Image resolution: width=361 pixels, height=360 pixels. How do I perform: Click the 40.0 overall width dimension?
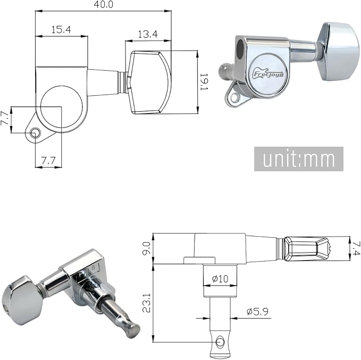[x=103, y=4]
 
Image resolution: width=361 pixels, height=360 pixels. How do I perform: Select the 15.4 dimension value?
[x=61, y=29]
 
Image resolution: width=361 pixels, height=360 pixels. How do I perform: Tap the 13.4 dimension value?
[x=148, y=34]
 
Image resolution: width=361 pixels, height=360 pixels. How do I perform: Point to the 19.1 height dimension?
[x=204, y=82]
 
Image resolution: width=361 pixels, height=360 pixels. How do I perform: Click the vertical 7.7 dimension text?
[x=5, y=119]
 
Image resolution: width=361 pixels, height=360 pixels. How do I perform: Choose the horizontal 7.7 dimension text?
[x=48, y=160]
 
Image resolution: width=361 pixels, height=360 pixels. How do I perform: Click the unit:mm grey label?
[x=299, y=158]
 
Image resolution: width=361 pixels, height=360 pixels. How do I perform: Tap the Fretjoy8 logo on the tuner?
[x=268, y=74]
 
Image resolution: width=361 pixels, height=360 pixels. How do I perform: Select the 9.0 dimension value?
[x=146, y=248]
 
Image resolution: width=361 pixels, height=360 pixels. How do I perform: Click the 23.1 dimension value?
[x=146, y=303]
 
